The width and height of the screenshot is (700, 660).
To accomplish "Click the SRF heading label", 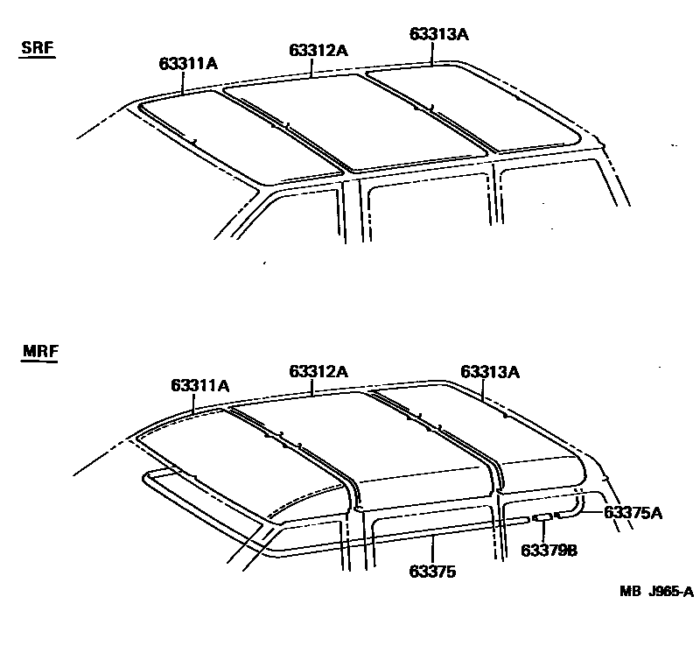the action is (38, 48).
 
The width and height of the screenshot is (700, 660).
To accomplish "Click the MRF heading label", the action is (38, 354).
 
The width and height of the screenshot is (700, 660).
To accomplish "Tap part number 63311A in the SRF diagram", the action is (188, 63).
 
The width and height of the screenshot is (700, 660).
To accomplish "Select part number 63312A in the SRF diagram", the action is (318, 50).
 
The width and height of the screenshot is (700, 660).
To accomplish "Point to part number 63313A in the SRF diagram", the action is (439, 35).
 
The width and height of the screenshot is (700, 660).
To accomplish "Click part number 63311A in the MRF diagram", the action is (200, 385).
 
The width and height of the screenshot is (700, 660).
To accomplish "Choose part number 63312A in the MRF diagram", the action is (318, 371).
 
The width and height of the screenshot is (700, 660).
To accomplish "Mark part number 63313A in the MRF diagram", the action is (490, 371).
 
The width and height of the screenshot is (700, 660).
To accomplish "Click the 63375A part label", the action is (633, 513).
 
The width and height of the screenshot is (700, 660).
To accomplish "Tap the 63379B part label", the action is (549, 550).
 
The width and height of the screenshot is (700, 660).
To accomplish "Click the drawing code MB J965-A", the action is (656, 592).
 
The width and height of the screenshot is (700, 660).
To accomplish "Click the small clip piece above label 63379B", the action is (542, 518).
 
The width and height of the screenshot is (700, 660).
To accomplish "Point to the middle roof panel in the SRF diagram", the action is (350, 118).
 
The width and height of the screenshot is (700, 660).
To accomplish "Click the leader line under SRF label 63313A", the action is (431, 54).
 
